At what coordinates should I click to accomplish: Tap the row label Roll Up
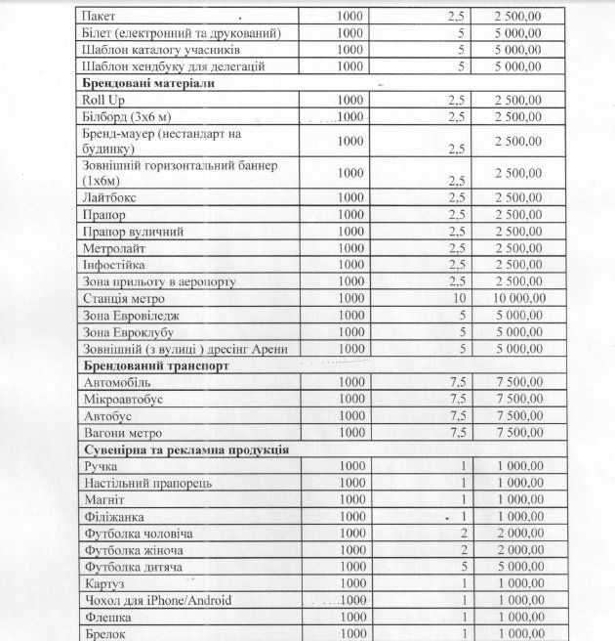click(105, 100)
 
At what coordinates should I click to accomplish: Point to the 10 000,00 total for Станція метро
click(520, 299)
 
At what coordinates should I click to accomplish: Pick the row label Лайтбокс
click(111, 198)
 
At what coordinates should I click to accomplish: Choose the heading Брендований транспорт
click(155, 365)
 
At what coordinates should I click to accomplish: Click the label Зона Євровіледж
click(132, 316)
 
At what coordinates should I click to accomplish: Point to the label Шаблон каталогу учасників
click(161, 50)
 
